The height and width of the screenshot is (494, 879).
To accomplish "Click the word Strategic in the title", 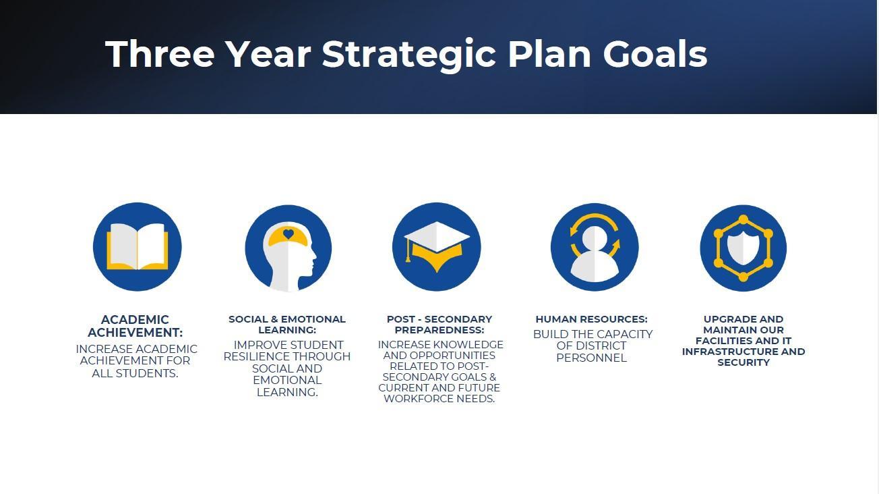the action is (x=409, y=55).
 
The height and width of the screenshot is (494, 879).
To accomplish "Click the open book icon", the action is (x=138, y=246).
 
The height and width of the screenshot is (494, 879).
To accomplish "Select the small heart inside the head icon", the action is (x=289, y=234).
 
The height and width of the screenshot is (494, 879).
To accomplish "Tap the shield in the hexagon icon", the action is (x=743, y=248).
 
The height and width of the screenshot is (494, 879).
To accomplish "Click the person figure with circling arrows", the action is (x=595, y=254).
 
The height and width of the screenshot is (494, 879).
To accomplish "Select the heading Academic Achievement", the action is (x=135, y=326).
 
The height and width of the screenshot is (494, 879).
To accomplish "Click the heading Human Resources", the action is (x=592, y=319).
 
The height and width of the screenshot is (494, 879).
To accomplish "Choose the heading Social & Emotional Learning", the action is (x=287, y=324).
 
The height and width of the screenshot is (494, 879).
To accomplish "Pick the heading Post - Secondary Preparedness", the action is (x=440, y=324).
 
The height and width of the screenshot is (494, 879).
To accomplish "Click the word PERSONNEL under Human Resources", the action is (x=591, y=358).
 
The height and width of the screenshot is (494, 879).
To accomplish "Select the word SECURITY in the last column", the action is (x=744, y=362).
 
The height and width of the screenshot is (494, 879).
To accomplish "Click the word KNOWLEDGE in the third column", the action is (x=471, y=345).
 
